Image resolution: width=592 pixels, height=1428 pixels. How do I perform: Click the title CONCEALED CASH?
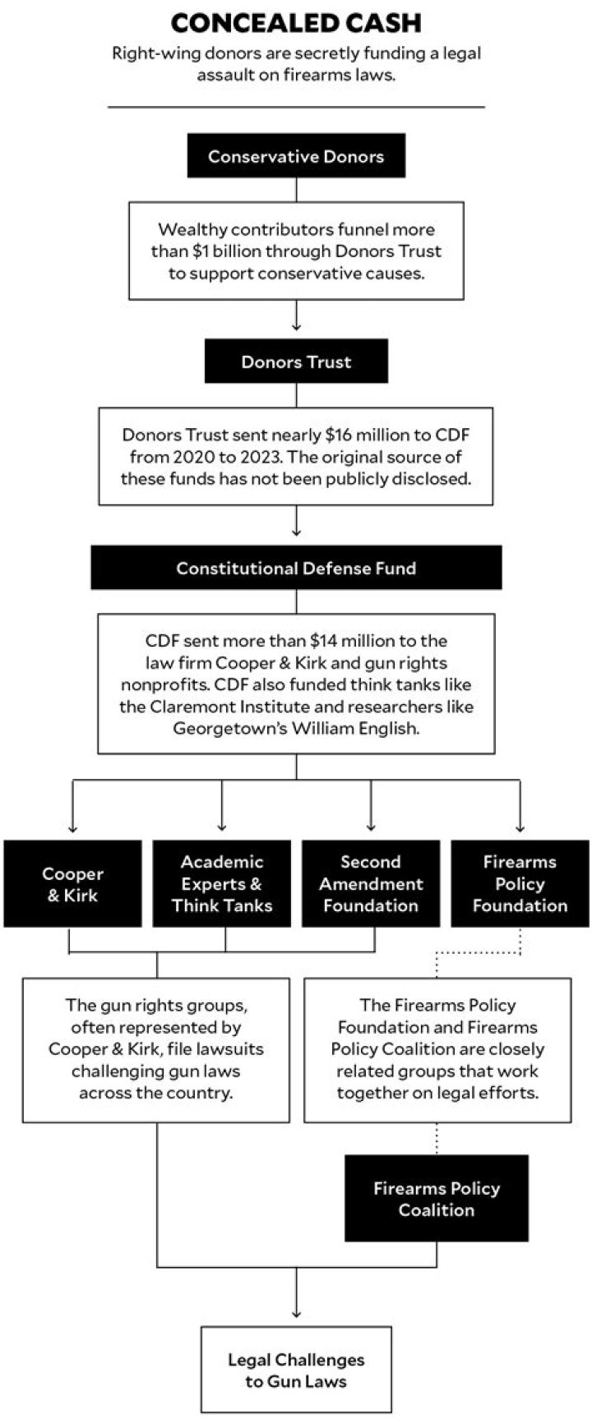tap(296, 22)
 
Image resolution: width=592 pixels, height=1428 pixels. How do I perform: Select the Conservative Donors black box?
tap(296, 156)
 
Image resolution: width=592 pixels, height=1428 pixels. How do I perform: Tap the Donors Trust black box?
tap(296, 362)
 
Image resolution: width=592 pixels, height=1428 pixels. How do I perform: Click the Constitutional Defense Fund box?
tap(296, 568)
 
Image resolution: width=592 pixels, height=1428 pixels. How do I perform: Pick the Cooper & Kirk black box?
tap(72, 884)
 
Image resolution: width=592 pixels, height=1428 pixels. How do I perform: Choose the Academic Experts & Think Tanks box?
tap(222, 884)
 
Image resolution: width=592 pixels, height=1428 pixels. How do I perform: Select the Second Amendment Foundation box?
tap(371, 884)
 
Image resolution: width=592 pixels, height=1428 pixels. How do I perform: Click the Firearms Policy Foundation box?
tap(520, 884)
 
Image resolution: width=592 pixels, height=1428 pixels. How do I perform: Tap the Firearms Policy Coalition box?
tap(437, 1198)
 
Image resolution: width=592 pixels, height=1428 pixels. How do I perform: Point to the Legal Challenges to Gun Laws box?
tap(296, 1370)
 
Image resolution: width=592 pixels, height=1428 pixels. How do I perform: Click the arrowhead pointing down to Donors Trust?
tap(296, 326)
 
